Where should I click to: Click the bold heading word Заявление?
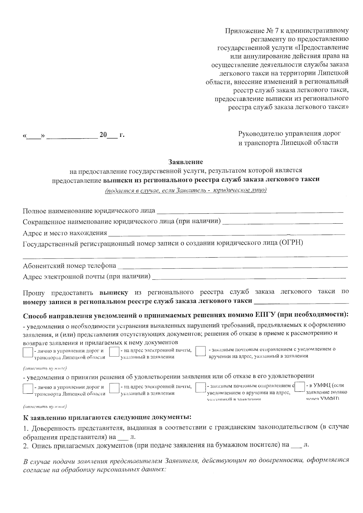pyautogui.click(x=185, y=162)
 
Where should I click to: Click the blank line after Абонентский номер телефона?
pyautogui.click(x=233, y=266)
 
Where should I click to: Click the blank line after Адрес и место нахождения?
pyautogui.click(x=227, y=234)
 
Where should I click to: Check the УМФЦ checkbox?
pyautogui.click(x=300, y=387)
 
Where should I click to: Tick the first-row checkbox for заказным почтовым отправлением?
pyautogui.click(x=200, y=352)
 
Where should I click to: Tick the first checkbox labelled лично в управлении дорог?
pyautogui.click(x=28, y=352)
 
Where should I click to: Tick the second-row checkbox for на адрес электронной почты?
pyautogui.click(x=114, y=388)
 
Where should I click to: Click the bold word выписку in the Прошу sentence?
pyautogui.click(x=114, y=292)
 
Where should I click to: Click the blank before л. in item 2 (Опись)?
pyautogui.click(x=298, y=445)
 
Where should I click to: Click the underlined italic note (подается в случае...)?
pyautogui.click(x=185, y=190)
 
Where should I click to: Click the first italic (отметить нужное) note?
pyautogui.click(x=45, y=368)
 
